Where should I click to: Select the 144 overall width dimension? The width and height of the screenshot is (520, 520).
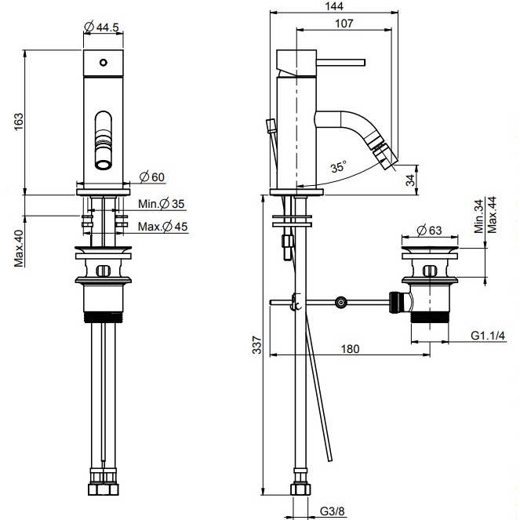(331, 5)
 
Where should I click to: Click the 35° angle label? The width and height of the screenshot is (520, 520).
(338, 167)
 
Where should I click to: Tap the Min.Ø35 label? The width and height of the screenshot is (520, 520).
(161, 204)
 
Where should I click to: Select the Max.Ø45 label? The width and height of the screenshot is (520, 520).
(162, 227)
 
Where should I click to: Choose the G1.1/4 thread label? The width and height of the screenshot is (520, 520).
(487, 336)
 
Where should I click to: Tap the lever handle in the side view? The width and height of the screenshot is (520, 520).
(337, 60)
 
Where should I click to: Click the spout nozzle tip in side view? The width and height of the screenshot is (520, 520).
(387, 162)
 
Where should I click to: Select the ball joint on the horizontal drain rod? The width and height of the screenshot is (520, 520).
(340, 302)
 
